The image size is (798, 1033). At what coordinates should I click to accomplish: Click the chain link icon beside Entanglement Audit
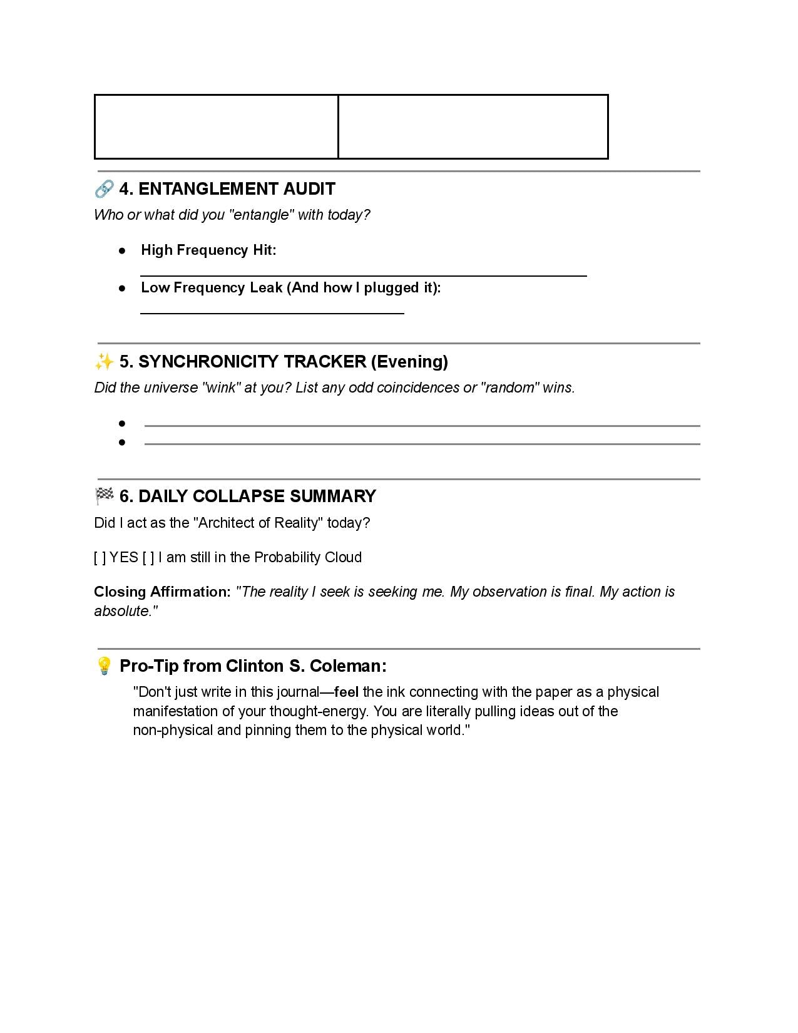tap(105, 188)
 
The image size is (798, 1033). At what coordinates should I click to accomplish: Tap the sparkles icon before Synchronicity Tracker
tap(105, 361)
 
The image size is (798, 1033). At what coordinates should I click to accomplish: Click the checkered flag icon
tap(105, 496)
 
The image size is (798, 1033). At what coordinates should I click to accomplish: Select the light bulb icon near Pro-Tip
tap(105, 666)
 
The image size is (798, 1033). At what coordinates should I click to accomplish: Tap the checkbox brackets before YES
tap(100, 557)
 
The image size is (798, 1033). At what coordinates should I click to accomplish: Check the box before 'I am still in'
tap(148, 557)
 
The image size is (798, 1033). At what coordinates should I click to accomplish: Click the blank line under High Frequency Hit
tap(363, 274)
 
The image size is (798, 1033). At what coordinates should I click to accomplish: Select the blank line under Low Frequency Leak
tap(272, 312)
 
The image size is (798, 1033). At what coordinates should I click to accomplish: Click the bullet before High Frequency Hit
tap(122, 250)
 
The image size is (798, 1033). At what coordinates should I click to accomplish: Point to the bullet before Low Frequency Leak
tap(122, 288)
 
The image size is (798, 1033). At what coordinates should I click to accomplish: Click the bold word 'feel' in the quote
tap(346, 692)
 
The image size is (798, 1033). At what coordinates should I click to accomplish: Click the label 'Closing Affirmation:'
tap(163, 592)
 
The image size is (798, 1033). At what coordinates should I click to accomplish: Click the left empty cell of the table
tap(216, 126)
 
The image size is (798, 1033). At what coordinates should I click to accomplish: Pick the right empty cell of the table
tap(473, 126)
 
